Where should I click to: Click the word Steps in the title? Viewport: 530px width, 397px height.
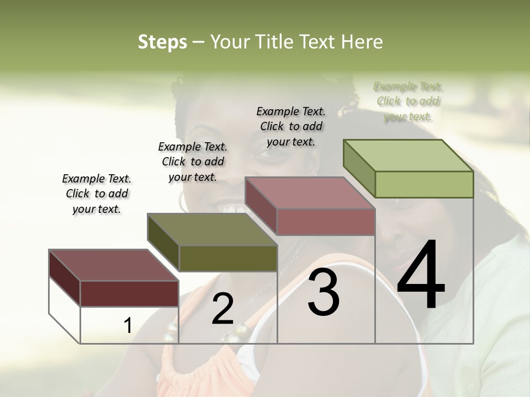click(162, 42)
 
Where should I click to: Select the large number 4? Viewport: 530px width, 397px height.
click(421, 276)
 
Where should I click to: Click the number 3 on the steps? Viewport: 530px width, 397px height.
click(324, 292)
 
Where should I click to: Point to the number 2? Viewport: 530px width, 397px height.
click(222, 309)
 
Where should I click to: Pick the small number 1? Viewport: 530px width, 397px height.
click(128, 326)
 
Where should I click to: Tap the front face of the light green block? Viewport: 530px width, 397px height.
click(424, 184)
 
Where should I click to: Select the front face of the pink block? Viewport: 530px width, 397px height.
click(326, 222)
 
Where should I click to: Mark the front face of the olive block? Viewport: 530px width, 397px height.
click(228, 258)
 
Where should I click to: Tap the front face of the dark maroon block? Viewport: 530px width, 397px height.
click(129, 293)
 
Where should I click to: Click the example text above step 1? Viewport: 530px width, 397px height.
click(97, 194)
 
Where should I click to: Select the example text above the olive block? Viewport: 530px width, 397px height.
click(193, 162)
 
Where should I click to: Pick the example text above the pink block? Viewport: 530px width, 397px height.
click(291, 126)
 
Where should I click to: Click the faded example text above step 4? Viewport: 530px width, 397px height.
click(408, 101)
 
